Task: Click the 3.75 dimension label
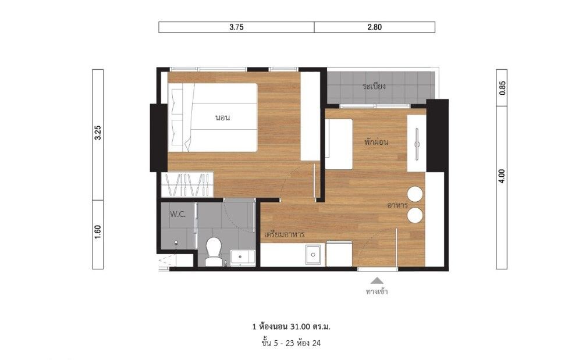point(236,27)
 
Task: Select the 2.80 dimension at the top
point(374,27)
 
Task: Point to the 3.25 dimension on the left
point(98,133)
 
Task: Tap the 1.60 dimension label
point(98,232)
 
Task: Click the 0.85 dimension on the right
point(502,88)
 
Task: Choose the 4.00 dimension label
point(502,176)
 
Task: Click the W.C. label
point(177,215)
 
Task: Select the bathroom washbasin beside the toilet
point(243,258)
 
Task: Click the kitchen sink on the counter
point(312,255)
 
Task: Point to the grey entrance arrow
point(377,280)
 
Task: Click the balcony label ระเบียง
point(374,87)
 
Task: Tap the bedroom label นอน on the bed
point(222,117)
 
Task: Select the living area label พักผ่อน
point(377,142)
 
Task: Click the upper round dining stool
point(415,194)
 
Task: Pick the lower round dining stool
point(415,216)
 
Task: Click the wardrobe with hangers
point(187,184)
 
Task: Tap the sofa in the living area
point(339,144)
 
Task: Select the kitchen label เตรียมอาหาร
point(284,234)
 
